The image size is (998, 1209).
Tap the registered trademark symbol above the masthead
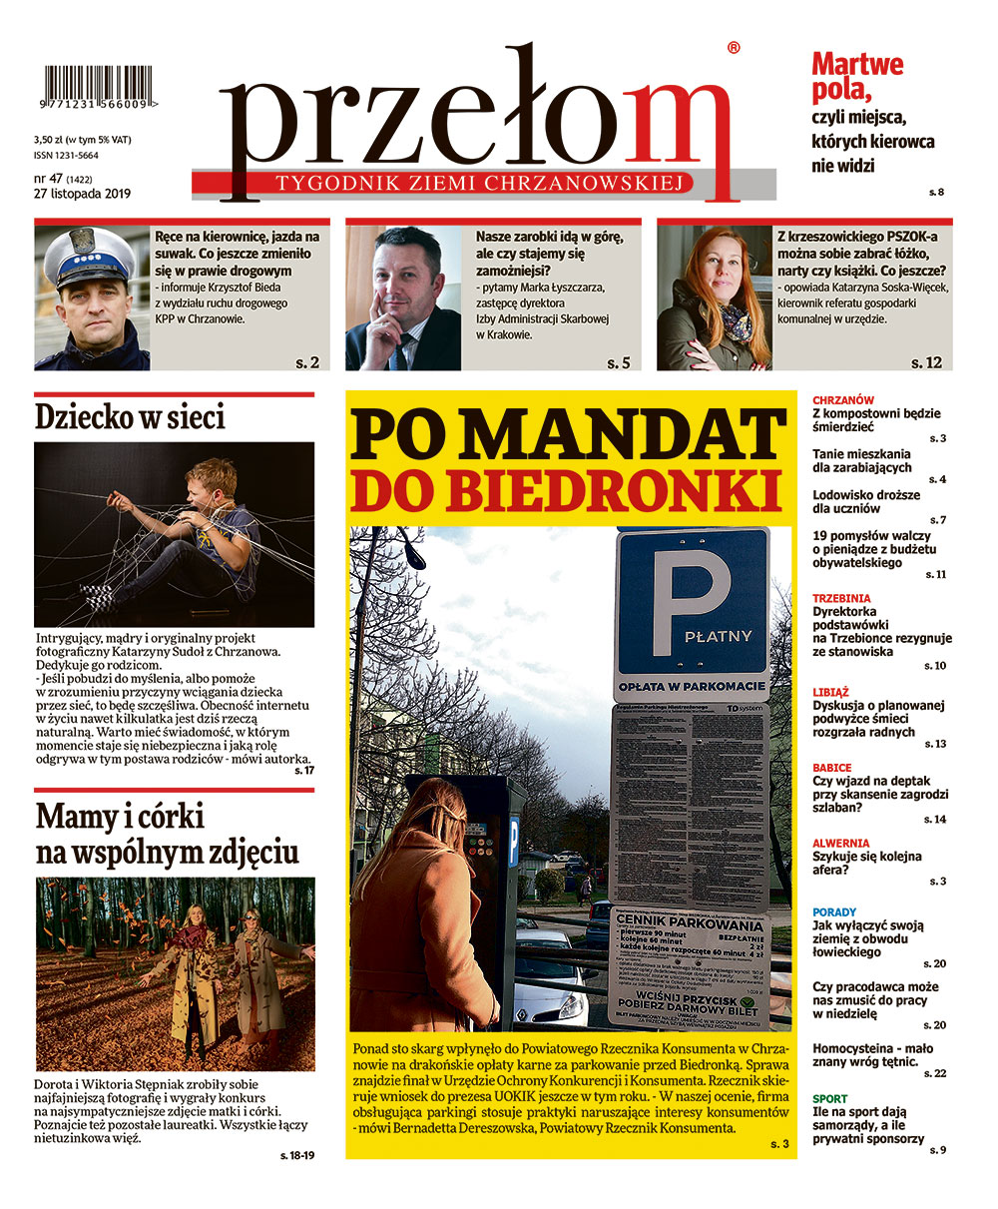click(734, 48)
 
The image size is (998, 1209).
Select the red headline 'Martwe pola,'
click(857, 78)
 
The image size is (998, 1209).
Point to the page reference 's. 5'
click(619, 363)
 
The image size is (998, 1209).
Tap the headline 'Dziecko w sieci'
click(130, 416)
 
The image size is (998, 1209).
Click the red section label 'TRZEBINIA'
click(841, 598)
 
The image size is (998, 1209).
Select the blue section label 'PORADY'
click(834, 912)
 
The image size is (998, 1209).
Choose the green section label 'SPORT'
click(830, 1099)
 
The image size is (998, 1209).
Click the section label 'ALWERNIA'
click(840, 843)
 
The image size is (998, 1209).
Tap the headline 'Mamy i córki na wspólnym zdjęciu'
click(168, 835)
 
